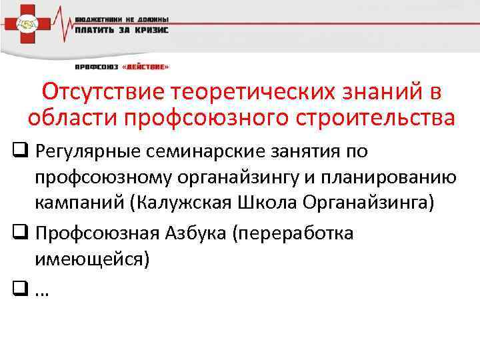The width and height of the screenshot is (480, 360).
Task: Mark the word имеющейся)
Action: [93, 258]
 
